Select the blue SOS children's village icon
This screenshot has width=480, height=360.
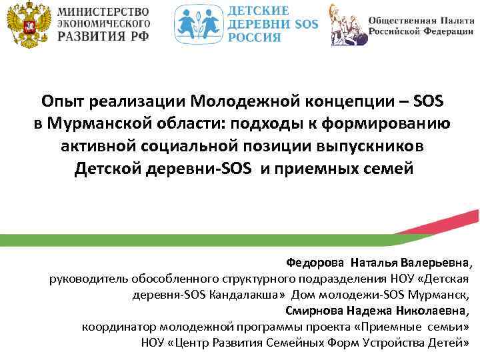point(198,26)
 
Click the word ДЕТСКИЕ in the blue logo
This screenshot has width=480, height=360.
point(259,11)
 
